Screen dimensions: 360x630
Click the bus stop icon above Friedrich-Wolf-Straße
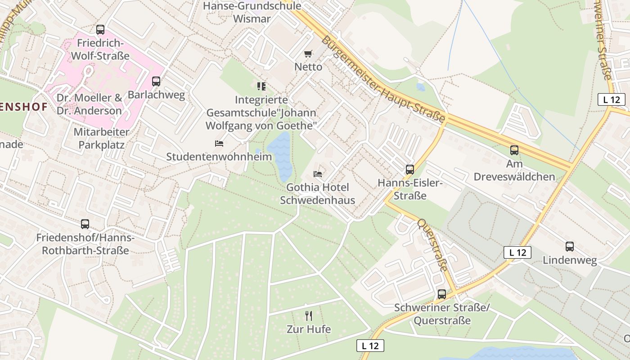[100, 30]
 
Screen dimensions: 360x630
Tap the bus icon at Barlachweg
[156, 81]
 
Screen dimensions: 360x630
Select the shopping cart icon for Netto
[308, 54]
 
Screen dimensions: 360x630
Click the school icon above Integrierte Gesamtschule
[261, 86]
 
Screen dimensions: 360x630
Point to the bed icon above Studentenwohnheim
[219, 144]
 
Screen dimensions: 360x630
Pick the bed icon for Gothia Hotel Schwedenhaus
[318, 174]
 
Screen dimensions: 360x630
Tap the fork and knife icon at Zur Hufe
[309, 316]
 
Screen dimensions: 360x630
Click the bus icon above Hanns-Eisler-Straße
[409, 170]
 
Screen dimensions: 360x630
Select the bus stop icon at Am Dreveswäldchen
[514, 150]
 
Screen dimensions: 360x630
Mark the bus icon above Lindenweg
[570, 247]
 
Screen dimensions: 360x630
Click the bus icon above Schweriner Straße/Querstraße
[442, 294]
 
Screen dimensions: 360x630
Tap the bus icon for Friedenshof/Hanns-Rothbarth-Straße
[85, 224]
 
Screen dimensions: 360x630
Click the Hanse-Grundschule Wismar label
[252, 13]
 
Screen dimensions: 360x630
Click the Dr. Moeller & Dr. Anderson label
[89, 104]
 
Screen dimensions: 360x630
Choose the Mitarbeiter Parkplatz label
[101, 139]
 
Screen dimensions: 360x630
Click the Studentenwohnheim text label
[219, 157]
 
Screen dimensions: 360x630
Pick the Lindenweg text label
[570, 260]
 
